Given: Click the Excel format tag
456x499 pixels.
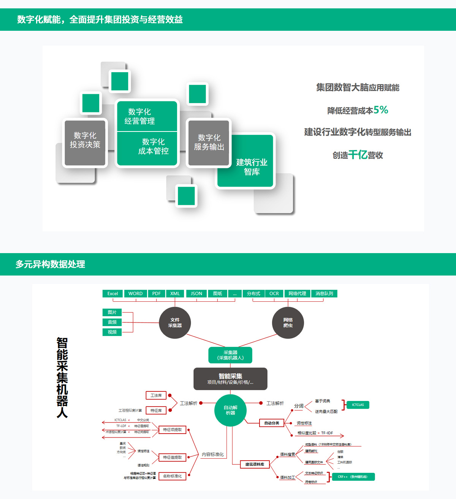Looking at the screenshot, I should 112,293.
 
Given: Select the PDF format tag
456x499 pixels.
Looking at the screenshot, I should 156,293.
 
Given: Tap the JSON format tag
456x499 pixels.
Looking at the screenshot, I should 196,293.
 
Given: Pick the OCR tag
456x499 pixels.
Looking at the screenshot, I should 274,293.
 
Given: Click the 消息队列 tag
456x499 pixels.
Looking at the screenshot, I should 324,293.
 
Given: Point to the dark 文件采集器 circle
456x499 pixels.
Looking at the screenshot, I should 175,323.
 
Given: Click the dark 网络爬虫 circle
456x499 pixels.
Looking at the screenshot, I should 288,323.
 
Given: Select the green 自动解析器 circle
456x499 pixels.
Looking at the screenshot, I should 231,410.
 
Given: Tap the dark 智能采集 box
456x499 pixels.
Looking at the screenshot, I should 230,379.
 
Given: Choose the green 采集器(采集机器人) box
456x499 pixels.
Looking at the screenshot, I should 230,355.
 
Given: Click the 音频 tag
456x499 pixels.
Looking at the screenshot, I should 112,322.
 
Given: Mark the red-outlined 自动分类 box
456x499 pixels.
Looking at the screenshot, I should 272,423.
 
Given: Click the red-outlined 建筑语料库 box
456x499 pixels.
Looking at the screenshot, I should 255,464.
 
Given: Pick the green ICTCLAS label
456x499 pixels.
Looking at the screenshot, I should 358,405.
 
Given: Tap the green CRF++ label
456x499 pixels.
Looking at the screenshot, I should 352,477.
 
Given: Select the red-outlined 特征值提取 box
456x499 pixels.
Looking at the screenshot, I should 172,457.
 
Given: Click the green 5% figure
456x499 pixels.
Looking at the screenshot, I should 381,110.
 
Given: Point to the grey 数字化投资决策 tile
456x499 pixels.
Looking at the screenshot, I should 85,143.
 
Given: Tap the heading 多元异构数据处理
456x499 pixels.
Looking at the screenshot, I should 50,264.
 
